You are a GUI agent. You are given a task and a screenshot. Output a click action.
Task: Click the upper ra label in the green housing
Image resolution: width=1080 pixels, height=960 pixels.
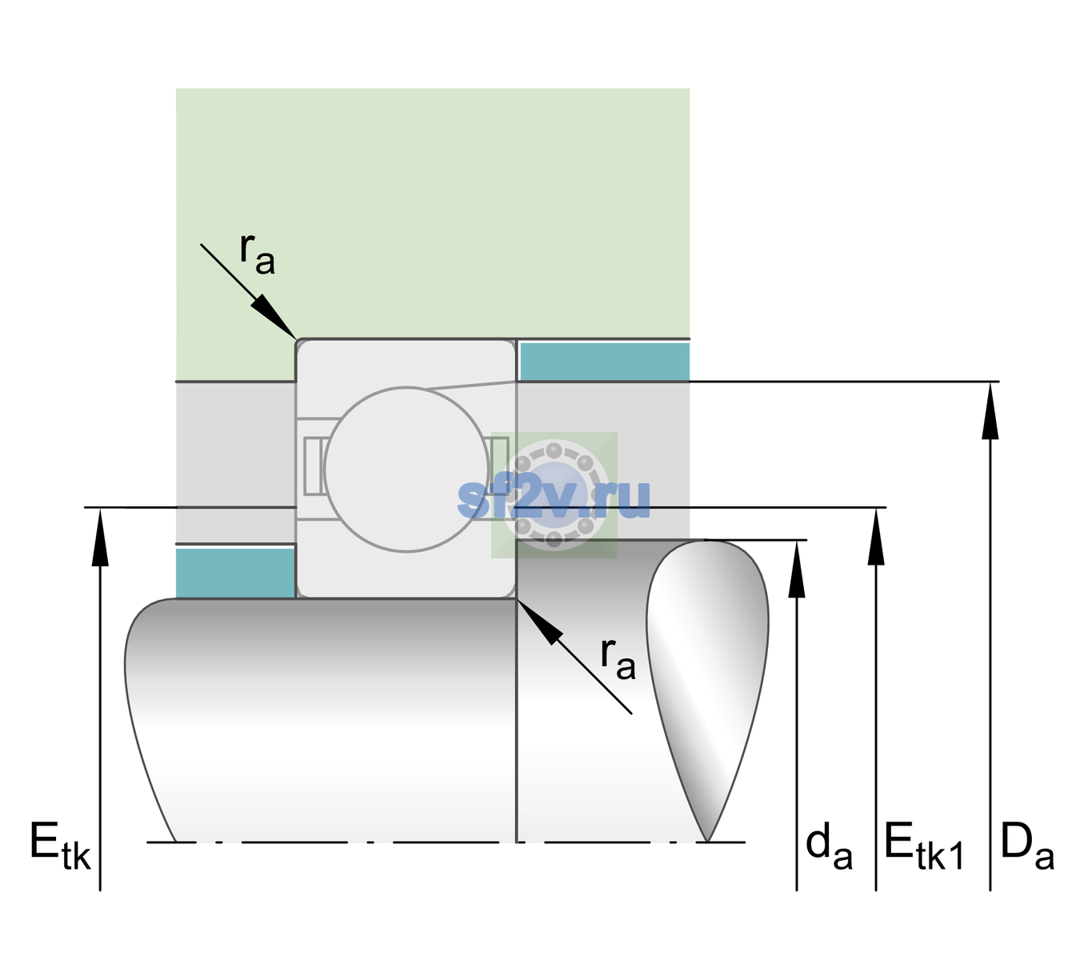258,254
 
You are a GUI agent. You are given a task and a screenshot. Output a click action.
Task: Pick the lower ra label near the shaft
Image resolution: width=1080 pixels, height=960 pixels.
618,659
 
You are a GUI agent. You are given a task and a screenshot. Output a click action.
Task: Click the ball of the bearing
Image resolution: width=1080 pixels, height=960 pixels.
406,470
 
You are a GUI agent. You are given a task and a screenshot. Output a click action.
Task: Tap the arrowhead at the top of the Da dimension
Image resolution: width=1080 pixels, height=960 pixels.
990,411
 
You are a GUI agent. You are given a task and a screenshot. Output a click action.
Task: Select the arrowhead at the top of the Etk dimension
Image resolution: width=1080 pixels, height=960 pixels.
100,538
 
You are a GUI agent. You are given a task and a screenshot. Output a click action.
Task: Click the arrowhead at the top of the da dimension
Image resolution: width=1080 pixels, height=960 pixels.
797,569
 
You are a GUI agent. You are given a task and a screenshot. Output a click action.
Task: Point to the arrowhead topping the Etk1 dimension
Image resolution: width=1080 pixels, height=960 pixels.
876,537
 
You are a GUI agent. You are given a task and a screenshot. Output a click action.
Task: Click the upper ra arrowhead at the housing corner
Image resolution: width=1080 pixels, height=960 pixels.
273,317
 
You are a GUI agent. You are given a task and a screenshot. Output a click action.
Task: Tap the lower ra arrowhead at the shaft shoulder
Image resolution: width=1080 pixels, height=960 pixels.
539,622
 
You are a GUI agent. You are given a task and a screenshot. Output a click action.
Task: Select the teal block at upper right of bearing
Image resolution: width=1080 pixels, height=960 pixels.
605,361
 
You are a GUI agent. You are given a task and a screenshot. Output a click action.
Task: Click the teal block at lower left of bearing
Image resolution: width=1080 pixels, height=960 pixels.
235,573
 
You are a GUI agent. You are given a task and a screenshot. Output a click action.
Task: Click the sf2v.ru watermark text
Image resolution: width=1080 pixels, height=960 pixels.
554,499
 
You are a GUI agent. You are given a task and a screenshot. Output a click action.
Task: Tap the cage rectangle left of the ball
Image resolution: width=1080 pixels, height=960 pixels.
313,466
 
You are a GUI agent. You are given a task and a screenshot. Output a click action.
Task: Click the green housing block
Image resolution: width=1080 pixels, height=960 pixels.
432,214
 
